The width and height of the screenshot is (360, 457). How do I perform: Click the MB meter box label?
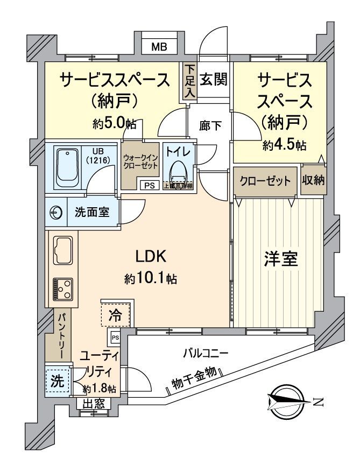click(x=158, y=47)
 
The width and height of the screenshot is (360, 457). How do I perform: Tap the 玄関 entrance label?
click(x=214, y=79)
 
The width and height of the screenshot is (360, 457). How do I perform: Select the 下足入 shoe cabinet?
click(x=190, y=81)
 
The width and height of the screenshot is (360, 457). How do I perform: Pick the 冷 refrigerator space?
click(x=115, y=314)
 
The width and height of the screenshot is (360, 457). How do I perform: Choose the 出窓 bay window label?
click(x=94, y=403)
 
